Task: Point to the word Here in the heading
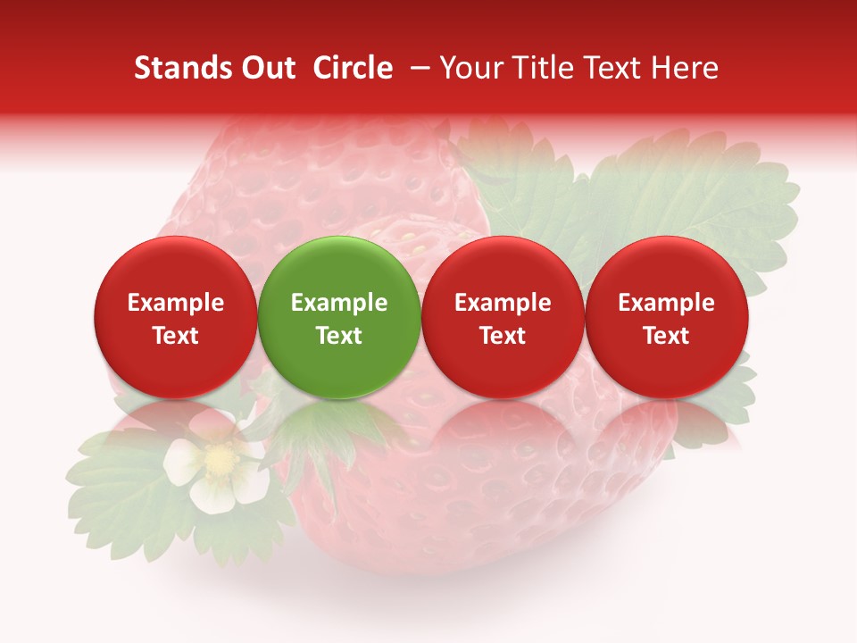(x=686, y=68)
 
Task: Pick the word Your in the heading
(x=471, y=68)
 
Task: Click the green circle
(x=339, y=318)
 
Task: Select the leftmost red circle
(x=175, y=318)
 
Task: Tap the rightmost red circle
(x=666, y=318)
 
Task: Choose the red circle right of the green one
(x=503, y=318)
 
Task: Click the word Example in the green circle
(x=339, y=303)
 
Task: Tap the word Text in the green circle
(x=339, y=336)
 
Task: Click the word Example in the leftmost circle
(x=175, y=303)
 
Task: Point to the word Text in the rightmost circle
(x=666, y=336)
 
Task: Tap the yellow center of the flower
(x=218, y=460)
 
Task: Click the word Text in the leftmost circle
(x=175, y=336)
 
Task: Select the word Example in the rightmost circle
(x=666, y=303)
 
